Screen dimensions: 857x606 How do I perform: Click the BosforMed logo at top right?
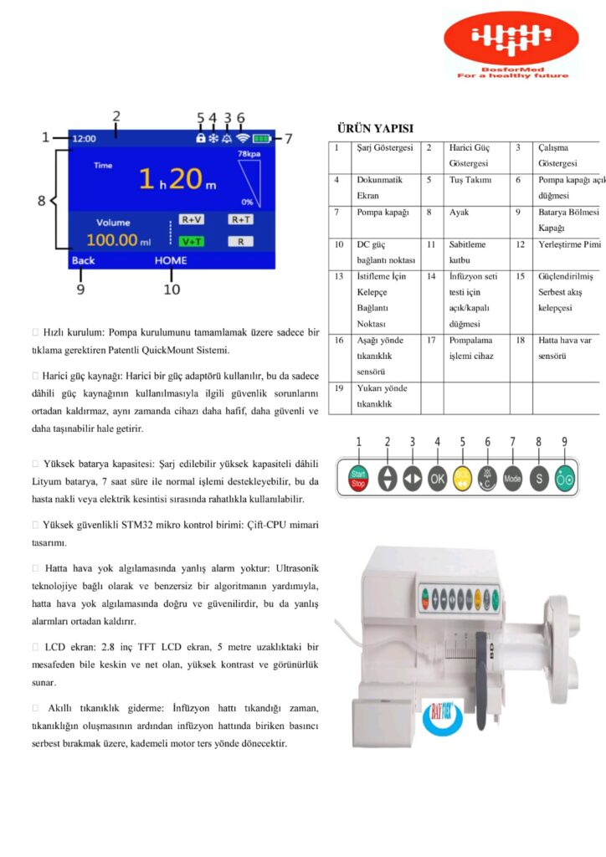point(511,45)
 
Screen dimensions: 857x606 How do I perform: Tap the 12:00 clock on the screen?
point(85,138)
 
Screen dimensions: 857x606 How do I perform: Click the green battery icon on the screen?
point(263,138)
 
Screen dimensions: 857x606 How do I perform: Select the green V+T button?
point(191,241)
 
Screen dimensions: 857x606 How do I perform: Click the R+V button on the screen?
point(192,219)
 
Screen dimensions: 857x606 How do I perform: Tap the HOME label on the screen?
point(171,260)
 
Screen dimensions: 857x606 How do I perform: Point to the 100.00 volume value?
point(112,241)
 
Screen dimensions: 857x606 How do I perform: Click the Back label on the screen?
point(84,260)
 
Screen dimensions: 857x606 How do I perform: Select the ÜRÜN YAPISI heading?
point(374,128)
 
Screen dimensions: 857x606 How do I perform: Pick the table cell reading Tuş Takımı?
point(471,180)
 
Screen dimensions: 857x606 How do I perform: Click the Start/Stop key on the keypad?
point(358,479)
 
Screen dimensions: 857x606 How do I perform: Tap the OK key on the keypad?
point(437,479)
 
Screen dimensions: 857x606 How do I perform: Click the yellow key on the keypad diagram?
point(462,479)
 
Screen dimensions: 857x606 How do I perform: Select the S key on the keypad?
point(538,479)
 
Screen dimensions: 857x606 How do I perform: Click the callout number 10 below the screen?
point(171,290)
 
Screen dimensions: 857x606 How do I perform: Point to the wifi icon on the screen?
point(243,138)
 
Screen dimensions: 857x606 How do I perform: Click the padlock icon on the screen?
point(201,138)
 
